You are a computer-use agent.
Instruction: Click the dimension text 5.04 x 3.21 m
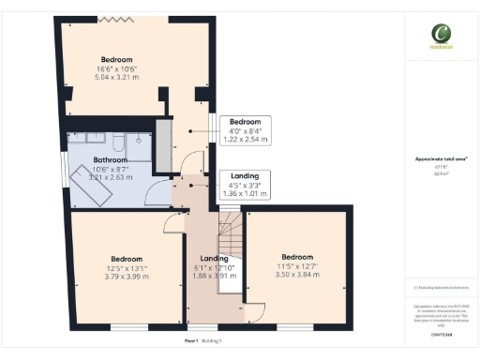(116, 78)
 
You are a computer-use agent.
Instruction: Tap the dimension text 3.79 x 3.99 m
(127, 276)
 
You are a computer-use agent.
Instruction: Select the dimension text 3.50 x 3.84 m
(297, 274)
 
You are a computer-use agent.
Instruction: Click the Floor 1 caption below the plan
(190, 341)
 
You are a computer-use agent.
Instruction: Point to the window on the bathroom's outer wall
(63, 165)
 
